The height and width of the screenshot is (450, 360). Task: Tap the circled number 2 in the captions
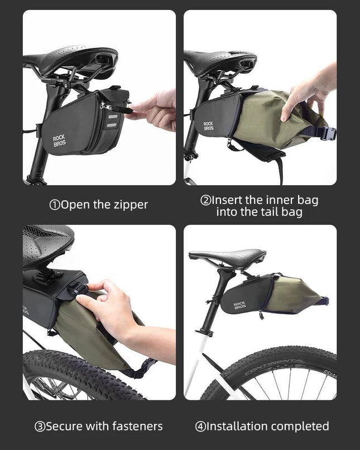205,200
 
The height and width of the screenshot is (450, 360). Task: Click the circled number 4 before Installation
200,427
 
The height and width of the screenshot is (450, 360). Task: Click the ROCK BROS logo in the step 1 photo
59,141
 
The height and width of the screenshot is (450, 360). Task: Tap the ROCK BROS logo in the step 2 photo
208,126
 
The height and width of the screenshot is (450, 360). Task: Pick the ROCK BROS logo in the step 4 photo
239,306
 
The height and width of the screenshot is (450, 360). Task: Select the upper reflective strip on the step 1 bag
112,117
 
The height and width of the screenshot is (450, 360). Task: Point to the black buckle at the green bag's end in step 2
328,133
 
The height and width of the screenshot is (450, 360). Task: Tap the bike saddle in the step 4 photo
228,257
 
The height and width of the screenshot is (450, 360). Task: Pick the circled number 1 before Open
55,205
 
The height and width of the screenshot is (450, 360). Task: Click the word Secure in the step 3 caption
64,426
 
